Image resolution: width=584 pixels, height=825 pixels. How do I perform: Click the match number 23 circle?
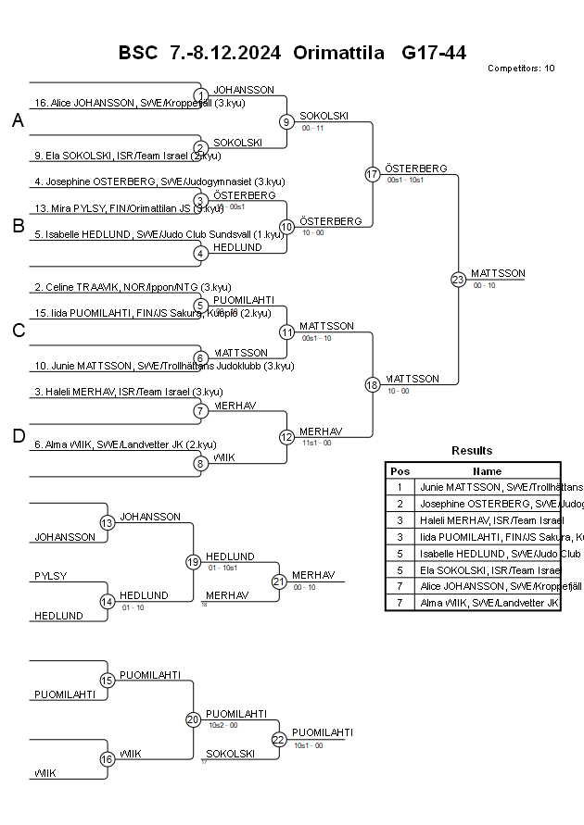pos(458,279)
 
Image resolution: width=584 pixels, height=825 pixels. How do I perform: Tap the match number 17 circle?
pos(373,174)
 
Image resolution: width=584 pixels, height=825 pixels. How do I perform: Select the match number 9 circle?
pos(287,121)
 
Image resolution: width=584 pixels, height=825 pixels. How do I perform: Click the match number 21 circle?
pos(279,581)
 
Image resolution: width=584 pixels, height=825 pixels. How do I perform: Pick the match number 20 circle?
pos(193,719)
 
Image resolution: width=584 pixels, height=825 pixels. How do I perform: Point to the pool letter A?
pos(18,120)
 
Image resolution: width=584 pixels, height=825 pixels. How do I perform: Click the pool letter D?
pos(18,436)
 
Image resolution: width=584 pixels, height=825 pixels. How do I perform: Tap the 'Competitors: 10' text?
pos(521,69)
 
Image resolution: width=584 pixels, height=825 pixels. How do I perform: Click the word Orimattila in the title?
pos(338,53)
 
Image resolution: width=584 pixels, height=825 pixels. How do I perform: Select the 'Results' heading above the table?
pos(472,451)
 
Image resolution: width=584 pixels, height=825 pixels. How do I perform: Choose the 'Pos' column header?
pos(400,470)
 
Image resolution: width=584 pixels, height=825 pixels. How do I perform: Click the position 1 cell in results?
pos(400,487)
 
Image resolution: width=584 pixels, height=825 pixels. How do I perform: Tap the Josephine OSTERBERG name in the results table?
pos(489,504)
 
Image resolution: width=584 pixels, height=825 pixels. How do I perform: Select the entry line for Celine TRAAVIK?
pos(133,287)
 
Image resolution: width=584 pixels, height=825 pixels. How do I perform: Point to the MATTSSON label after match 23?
pos(498,274)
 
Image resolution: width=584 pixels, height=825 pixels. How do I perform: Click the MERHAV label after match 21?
pos(313,576)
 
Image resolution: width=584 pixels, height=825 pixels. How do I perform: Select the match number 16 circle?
pos(107,759)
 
